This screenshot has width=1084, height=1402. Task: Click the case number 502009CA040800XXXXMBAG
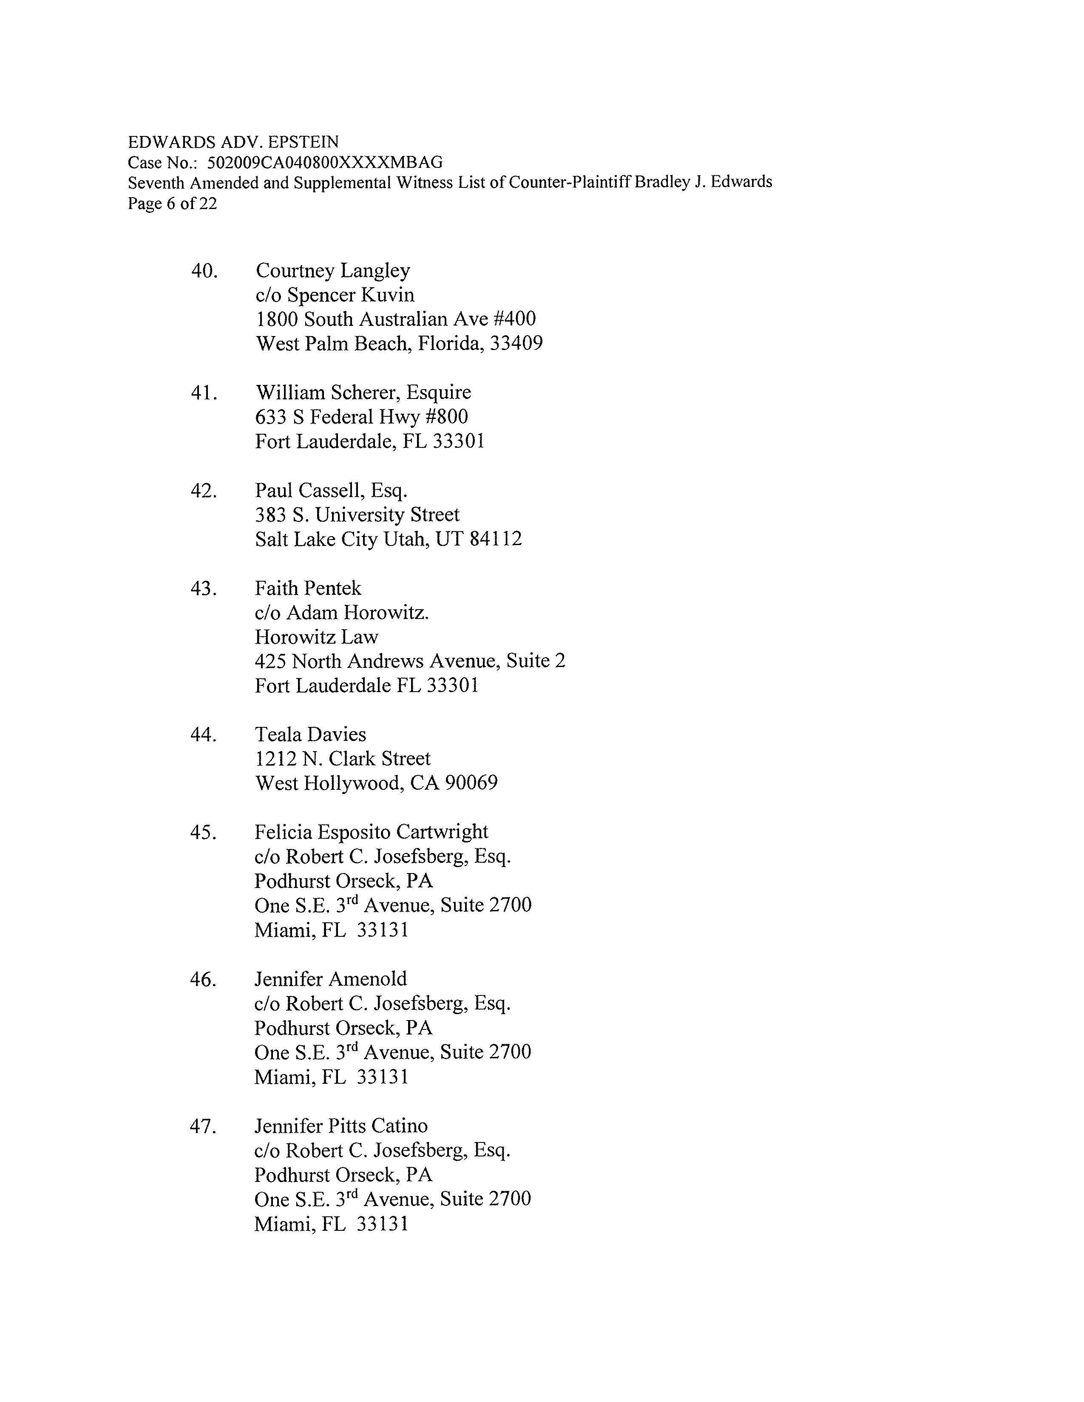[325, 162]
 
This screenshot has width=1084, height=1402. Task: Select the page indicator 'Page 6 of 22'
[172, 204]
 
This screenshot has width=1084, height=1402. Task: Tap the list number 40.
[204, 271]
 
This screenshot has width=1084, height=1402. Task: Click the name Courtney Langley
[333, 271]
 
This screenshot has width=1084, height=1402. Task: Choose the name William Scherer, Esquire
[363, 392]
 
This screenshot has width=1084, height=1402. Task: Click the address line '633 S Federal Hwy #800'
[362, 417]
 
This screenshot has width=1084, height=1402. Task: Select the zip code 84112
[495, 539]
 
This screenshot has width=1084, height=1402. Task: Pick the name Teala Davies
[310, 735]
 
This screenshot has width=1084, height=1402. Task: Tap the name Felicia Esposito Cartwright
[371, 832]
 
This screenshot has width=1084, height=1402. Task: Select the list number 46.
[203, 980]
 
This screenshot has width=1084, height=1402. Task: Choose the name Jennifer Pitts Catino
[341, 1126]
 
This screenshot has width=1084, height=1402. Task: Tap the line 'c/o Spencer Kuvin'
[335, 295]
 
